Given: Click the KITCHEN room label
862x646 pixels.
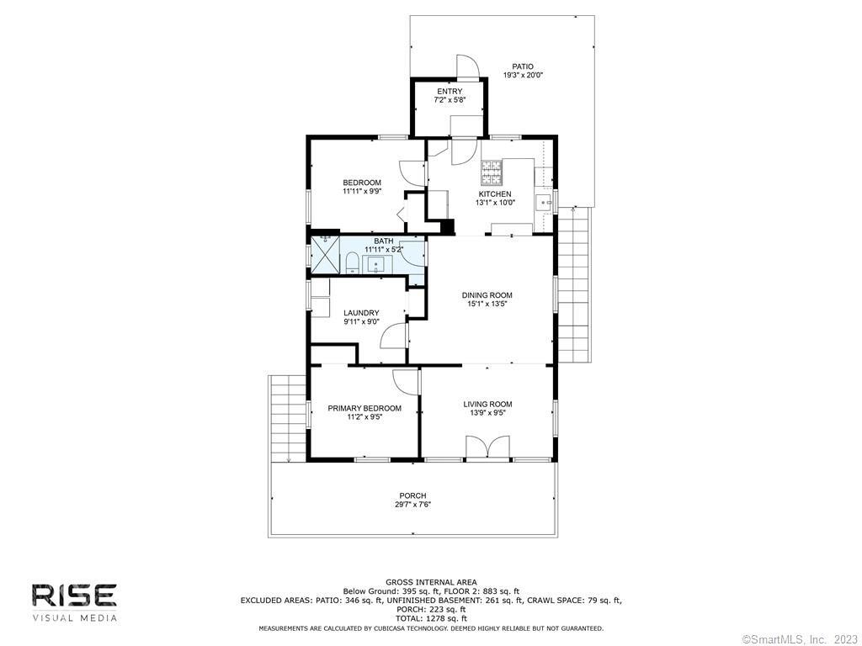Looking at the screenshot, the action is tap(495, 194).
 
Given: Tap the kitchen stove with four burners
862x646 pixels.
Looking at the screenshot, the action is tap(492, 172).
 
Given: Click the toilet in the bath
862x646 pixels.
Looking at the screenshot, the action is tap(353, 263).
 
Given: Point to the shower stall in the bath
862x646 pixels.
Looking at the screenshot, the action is tap(326, 255).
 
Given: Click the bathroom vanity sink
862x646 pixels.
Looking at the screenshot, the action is tap(376, 265).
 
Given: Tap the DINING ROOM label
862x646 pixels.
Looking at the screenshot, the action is tap(487, 295).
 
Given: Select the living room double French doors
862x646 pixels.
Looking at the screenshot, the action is tap(487, 446).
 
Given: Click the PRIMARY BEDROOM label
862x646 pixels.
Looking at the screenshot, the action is tap(364, 408).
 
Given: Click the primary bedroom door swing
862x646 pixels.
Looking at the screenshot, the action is tap(406, 381).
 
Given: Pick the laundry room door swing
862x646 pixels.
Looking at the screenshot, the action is tap(394, 335).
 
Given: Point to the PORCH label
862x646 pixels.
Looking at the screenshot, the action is tap(412, 495).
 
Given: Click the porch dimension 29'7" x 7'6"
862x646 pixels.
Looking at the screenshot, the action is tap(412, 505).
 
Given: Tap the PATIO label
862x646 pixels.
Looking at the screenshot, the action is tap(523, 66).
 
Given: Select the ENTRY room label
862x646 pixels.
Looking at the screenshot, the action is tap(450, 91).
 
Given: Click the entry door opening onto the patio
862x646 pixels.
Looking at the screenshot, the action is tap(468, 67).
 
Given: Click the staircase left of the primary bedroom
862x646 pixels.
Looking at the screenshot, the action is tap(288, 419).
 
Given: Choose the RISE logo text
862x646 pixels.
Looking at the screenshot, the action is tap(74, 596).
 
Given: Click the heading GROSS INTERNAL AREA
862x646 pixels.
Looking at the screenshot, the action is tap(431, 582).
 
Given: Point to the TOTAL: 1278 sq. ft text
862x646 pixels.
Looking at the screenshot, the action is tap(431, 618).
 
